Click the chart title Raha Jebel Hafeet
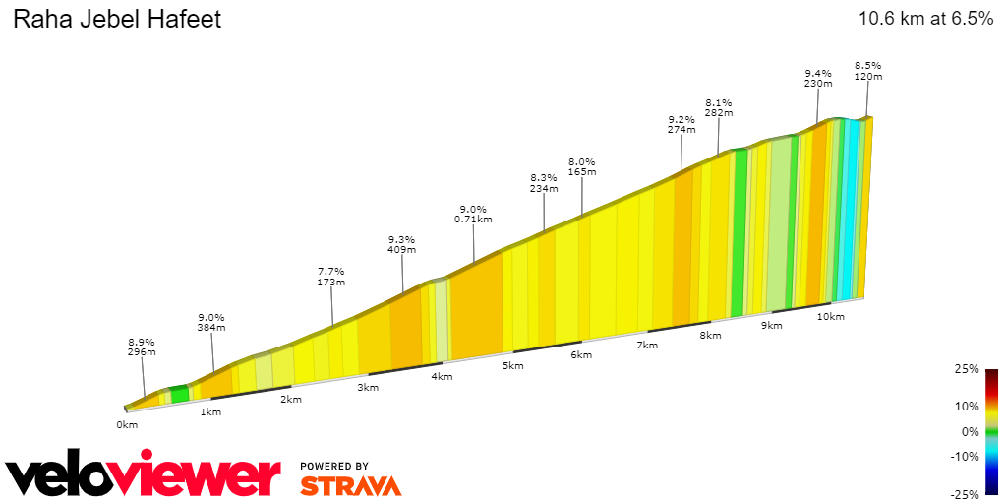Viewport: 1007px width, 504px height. click(x=116, y=19)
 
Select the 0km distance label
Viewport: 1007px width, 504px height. click(x=126, y=425)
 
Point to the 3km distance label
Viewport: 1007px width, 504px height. click(x=368, y=387)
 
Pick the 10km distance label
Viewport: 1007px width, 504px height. click(x=831, y=316)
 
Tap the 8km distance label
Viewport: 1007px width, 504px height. click(x=710, y=336)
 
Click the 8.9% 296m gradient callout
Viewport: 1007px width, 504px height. click(x=142, y=348)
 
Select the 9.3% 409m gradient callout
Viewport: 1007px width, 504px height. click(x=401, y=244)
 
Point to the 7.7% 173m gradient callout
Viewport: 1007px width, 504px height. click(x=331, y=277)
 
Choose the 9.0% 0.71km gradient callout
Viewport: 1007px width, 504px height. click(x=473, y=214)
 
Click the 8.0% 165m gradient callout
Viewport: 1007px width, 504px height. click(x=582, y=167)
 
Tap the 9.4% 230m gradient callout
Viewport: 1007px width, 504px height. click(x=818, y=79)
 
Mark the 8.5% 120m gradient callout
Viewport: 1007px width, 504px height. click(x=867, y=71)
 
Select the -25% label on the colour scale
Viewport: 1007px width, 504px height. click(x=968, y=494)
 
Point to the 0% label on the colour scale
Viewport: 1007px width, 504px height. click(x=972, y=431)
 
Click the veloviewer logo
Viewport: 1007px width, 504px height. click(x=144, y=475)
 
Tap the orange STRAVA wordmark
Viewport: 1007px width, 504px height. click(x=350, y=485)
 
